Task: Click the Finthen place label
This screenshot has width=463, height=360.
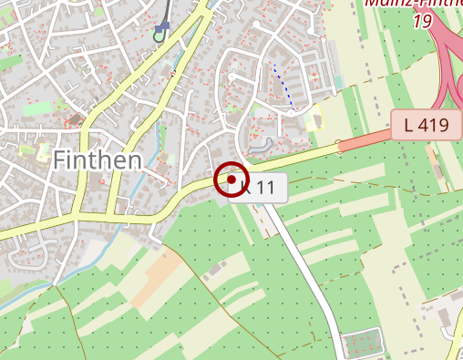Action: click(97, 160)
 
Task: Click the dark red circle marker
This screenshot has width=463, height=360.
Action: click(231, 180)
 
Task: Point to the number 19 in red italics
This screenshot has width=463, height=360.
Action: click(421, 20)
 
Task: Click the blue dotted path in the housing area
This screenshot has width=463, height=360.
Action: click(283, 86)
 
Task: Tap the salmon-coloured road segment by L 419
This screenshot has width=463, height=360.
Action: click(365, 141)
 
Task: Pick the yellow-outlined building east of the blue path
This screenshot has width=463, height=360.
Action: click(315, 118)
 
